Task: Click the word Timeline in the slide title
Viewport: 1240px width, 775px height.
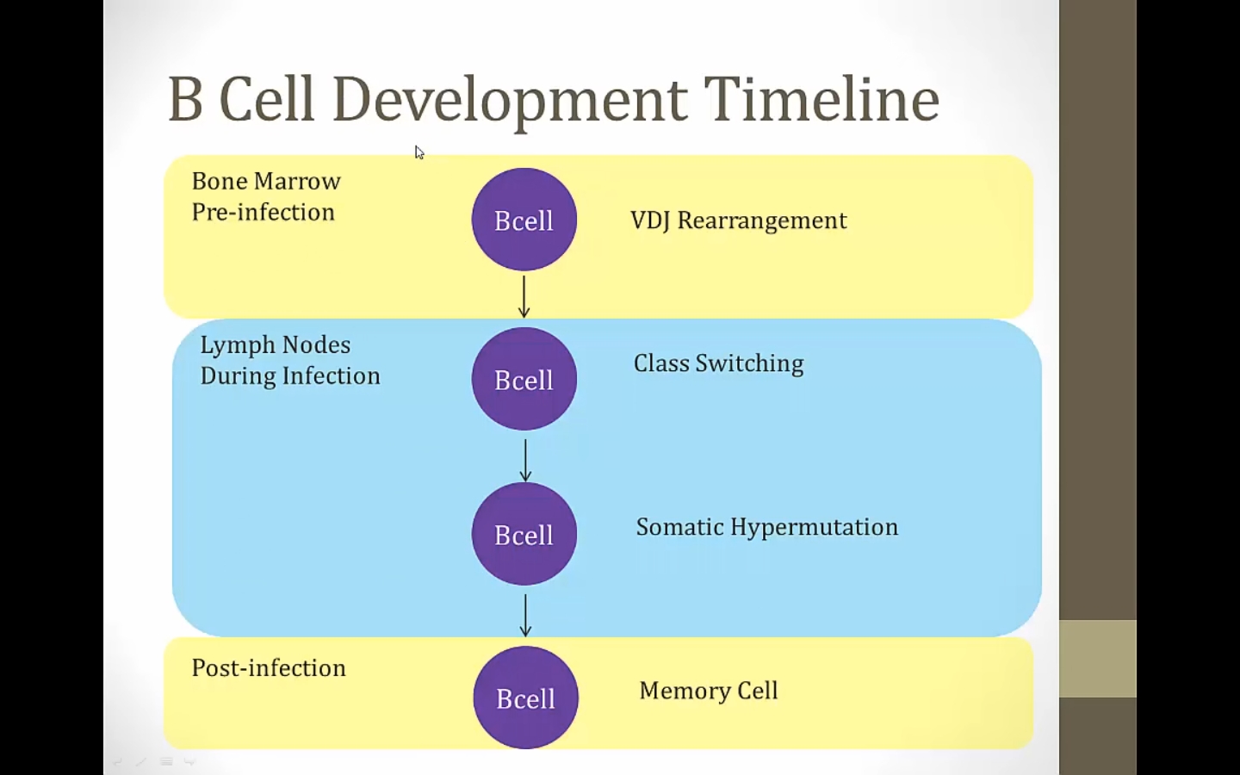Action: pyautogui.click(x=821, y=99)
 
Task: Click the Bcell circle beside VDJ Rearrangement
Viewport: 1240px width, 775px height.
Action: pyautogui.click(x=524, y=220)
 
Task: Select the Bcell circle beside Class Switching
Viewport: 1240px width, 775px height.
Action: pyautogui.click(x=524, y=379)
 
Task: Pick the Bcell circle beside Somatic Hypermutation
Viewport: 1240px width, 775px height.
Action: pyautogui.click(x=524, y=534)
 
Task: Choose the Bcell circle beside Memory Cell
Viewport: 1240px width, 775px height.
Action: pyautogui.click(x=525, y=697)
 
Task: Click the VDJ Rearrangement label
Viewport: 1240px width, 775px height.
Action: pyautogui.click(x=738, y=220)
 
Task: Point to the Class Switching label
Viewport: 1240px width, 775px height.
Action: pyautogui.click(x=718, y=363)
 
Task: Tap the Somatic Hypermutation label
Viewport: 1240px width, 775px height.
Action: pyautogui.click(x=766, y=527)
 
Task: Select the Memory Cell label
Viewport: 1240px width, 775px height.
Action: pyautogui.click(x=708, y=691)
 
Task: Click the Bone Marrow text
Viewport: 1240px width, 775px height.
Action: pyautogui.click(x=266, y=181)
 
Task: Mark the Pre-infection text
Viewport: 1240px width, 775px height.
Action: pyautogui.click(x=263, y=212)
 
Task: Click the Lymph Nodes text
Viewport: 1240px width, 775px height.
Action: pyautogui.click(x=275, y=344)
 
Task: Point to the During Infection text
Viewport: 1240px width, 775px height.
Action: pyautogui.click(x=289, y=375)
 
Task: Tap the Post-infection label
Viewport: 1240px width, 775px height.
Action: pyautogui.click(x=268, y=668)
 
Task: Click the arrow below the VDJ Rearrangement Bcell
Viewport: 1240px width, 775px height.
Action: pyautogui.click(x=524, y=296)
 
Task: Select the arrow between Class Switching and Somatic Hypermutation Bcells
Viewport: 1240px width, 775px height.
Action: pyautogui.click(x=525, y=460)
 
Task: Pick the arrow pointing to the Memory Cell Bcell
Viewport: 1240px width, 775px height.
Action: pyautogui.click(x=525, y=615)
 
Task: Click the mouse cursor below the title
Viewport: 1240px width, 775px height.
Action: pyautogui.click(x=418, y=152)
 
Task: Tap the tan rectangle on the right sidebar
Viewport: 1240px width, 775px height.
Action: pyautogui.click(x=1097, y=659)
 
